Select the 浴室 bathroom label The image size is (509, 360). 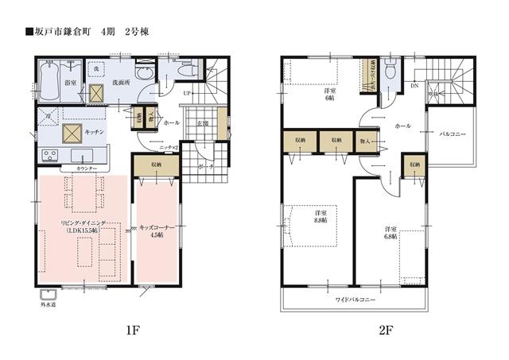[71, 82]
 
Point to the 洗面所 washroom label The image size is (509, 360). [122, 82]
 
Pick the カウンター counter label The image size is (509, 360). [87, 169]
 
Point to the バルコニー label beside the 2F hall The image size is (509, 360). [452, 134]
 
